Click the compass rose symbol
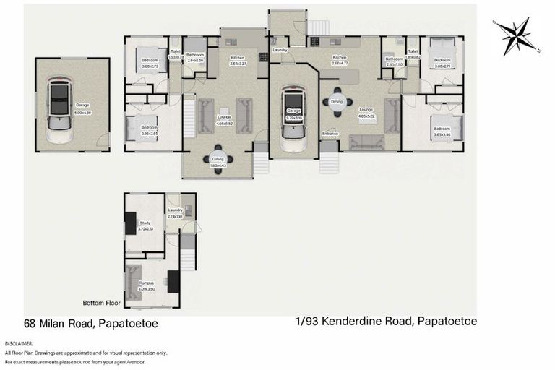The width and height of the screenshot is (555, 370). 516,35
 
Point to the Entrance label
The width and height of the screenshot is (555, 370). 330,133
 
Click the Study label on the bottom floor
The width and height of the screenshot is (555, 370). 145,224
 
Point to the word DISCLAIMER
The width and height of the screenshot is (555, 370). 18,343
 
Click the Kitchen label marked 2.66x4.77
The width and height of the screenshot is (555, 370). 340,60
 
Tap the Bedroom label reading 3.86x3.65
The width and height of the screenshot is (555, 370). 150,132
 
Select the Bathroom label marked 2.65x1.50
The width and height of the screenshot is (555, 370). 394,61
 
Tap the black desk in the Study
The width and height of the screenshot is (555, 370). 130,226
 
